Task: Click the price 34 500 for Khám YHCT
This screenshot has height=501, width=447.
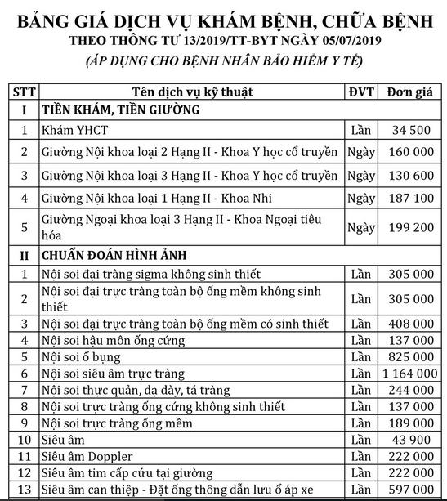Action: click(x=411, y=130)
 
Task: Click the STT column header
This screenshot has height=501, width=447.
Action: click(x=25, y=91)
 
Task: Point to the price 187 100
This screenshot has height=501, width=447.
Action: click(x=411, y=199)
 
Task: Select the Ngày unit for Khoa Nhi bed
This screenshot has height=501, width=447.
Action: click(x=360, y=199)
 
